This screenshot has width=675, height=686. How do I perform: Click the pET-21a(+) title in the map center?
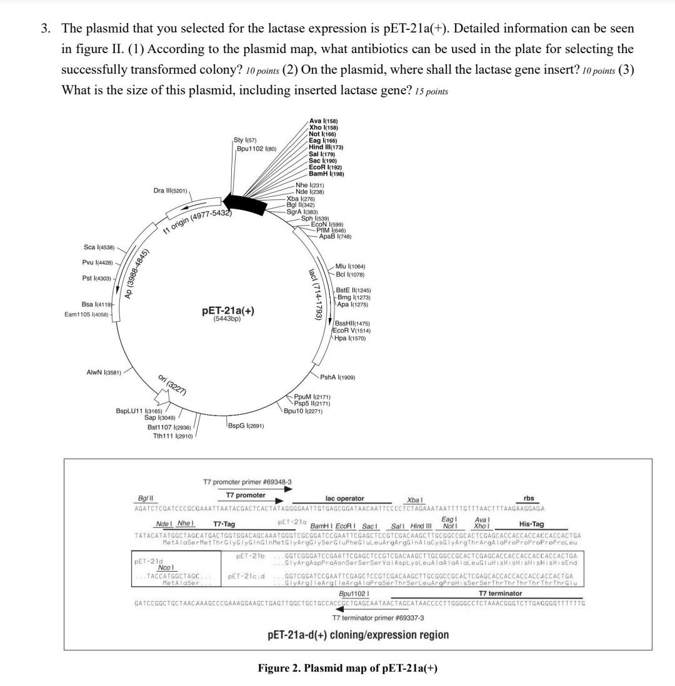pyautogui.click(x=227, y=311)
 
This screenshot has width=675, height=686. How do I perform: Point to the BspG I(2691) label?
pyautogui.click(x=246, y=425)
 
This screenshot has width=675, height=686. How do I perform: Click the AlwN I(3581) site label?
pyautogui.click(x=104, y=372)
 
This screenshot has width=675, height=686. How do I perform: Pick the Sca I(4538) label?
pyautogui.click(x=99, y=247)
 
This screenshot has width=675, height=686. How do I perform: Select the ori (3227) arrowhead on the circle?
pyautogui.click(x=162, y=395)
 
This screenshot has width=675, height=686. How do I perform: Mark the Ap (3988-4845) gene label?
pyautogui.click(x=136, y=276)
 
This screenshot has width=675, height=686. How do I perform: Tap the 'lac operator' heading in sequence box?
pyautogui.click(x=344, y=498)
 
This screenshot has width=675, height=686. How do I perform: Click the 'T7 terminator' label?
pyautogui.click(x=500, y=593)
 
